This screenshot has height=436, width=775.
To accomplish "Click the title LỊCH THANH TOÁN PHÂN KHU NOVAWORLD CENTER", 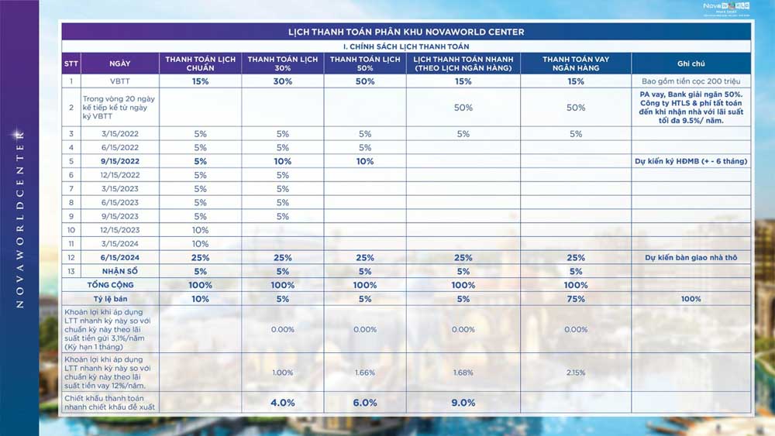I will [x=406, y=32].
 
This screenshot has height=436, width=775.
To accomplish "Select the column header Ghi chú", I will [x=690, y=64].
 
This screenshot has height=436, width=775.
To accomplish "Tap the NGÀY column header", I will [x=120, y=64].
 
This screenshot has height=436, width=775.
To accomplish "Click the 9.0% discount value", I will [x=463, y=403].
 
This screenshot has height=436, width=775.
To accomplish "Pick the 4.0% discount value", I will [x=282, y=403].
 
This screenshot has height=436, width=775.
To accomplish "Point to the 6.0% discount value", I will [x=364, y=403].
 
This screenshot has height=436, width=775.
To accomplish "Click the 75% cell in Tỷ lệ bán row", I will [x=575, y=299].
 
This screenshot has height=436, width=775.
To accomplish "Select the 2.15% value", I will [x=575, y=373].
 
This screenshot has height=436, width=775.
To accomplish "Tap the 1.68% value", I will [x=463, y=373].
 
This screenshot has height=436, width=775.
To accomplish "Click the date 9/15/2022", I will [x=119, y=161].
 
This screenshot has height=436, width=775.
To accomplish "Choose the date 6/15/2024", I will [x=119, y=257].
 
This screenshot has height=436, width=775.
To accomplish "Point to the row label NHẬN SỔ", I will [x=119, y=271].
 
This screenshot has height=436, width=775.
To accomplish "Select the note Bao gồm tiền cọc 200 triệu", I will [x=691, y=81].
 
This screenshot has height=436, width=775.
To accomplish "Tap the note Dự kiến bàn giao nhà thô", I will [x=691, y=257].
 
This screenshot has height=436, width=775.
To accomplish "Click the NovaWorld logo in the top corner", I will [x=725, y=8].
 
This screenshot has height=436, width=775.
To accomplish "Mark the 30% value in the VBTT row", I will [x=282, y=81].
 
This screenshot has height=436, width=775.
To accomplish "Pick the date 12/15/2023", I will [x=119, y=230].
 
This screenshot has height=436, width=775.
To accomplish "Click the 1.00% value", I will [x=282, y=373].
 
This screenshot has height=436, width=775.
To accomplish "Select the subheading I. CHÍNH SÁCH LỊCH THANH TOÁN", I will [x=406, y=46].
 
